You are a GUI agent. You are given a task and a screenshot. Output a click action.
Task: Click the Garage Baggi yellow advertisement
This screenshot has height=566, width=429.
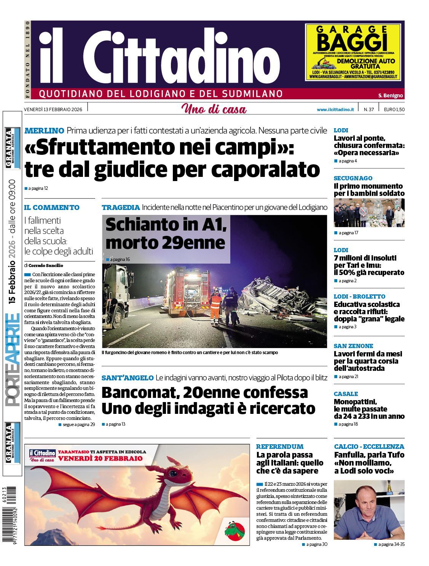pyautogui.click(x=353, y=52)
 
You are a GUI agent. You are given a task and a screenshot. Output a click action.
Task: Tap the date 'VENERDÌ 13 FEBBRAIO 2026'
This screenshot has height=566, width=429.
pyautogui.click(x=53, y=110)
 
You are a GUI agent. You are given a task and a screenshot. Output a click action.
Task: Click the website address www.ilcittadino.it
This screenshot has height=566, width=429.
pyautogui.click(x=335, y=110)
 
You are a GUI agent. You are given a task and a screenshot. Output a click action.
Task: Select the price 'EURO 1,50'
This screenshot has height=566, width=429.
pyautogui.click(x=394, y=110)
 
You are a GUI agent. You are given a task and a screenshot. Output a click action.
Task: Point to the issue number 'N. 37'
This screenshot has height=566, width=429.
pyautogui.click(x=368, y=110)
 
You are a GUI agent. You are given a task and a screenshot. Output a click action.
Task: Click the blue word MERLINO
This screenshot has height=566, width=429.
pyautogui.click(x=44, y=131)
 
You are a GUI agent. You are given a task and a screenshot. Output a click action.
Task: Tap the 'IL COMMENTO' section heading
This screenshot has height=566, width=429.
pyautogui.click(x=52, y=208)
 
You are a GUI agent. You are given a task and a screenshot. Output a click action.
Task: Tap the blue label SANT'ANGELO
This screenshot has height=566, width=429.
pyautogui.click(x=128, y=378)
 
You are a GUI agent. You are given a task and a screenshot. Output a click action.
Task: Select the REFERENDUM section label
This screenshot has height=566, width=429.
pyautogui.click(x=280, y=447)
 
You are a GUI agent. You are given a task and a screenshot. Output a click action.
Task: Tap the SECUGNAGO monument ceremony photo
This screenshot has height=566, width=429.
pyautogui.click(x=369, y=213)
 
